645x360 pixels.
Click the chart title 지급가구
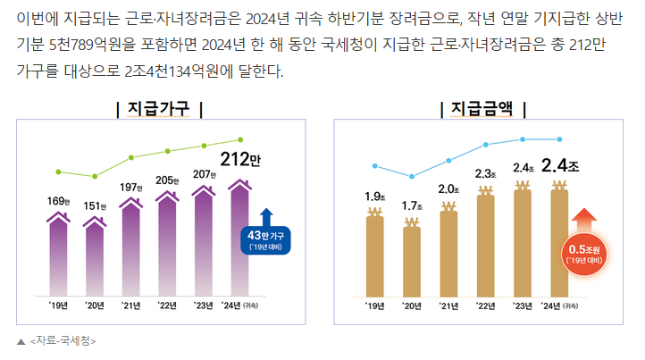pos(160,109)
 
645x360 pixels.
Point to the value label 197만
pos(131,187)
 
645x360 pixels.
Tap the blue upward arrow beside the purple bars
pos(266,217)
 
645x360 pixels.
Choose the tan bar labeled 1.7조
pos(412,258)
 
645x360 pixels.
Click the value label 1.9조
pos(375,196)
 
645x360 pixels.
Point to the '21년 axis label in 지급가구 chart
pos(131,306)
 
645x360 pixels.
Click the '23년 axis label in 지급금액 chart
pos(523,306)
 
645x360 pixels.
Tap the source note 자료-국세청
pos(63,340)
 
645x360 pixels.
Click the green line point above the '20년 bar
pos(95,176)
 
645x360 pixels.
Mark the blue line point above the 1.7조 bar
pos(412,176)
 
